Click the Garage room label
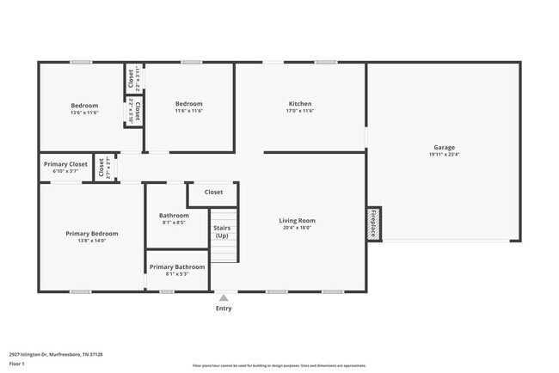(x=444, y=147)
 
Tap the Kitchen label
(x=299, y=104)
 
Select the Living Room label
(x=298, y=221)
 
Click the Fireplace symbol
(x=374, y=223)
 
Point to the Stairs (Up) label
(x=222, y=231)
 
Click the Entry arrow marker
(x=224, y=297)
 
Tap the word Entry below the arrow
(x=224, y=308)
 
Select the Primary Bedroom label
(x=92, y=233)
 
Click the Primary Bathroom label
(x=177, y=266)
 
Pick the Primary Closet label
(x=65, y=164)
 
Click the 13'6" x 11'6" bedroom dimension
(x=84, y=112)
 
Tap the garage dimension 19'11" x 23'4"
(x=444, y=155)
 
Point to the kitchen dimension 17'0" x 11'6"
(x=299, y=111)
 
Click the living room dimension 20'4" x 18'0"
(x=298, y=229)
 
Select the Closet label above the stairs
(x=213, y=193)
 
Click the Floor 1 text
(x=16, y=364)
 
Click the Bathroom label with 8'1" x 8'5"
(x=174, y=215)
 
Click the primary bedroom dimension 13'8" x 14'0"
(x=92, y=241)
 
